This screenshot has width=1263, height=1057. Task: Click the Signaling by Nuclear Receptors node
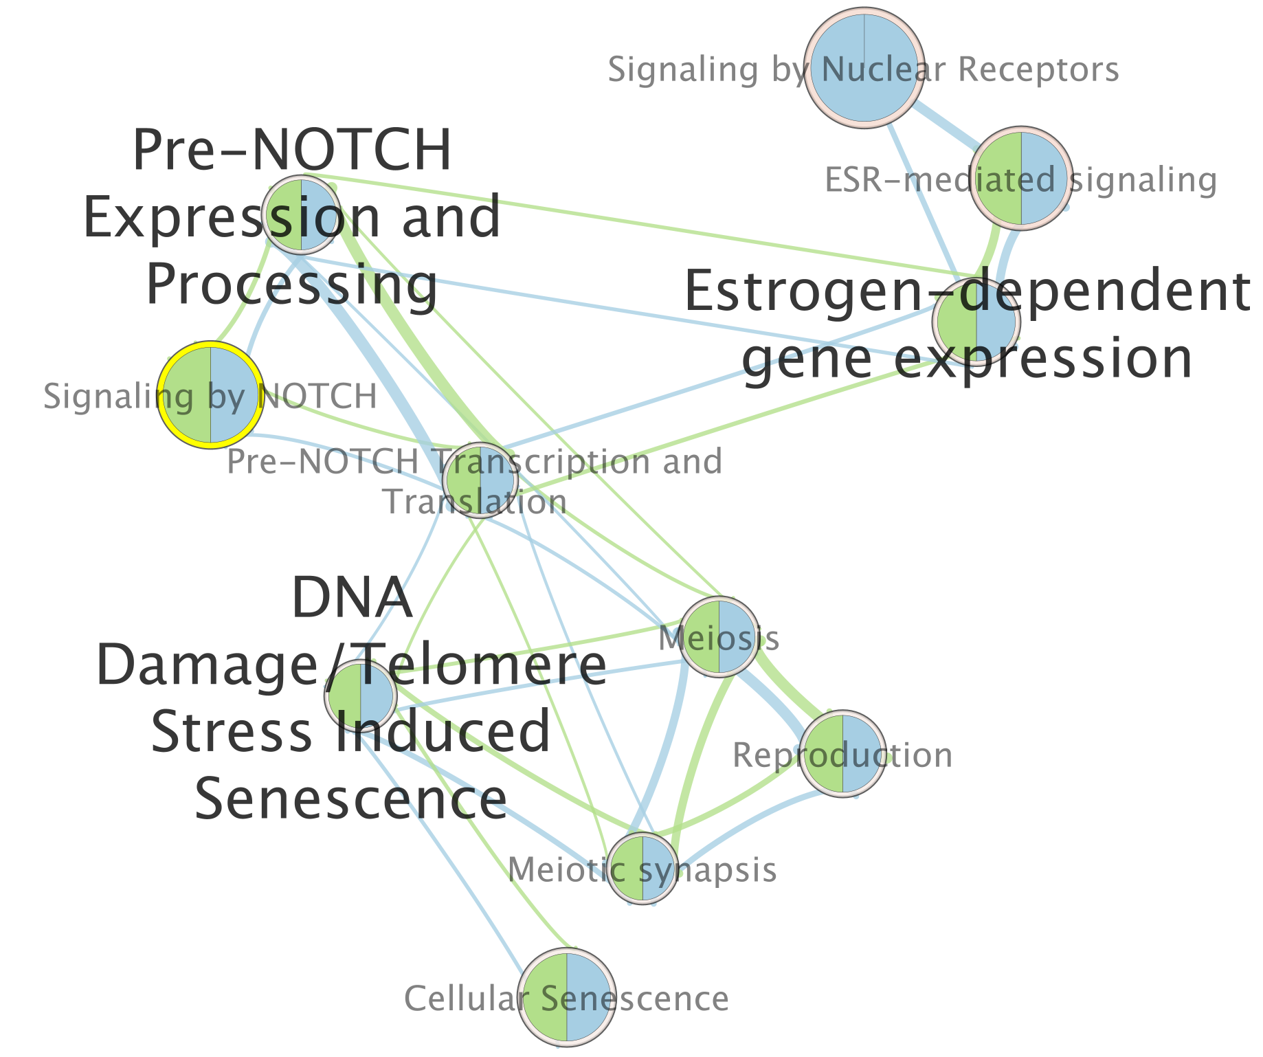point(864,67)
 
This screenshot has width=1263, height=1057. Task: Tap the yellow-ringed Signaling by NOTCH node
point(210,396)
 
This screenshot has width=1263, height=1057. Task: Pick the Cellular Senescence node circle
point(566,997)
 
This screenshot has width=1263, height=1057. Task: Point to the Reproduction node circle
point(842,753)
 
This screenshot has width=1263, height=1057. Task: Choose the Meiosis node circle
point(719,635)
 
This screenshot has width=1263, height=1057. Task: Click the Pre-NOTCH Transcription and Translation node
point(480,479)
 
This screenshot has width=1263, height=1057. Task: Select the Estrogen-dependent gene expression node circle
point(976,321)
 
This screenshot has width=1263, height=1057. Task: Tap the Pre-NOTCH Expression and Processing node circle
point(301,214)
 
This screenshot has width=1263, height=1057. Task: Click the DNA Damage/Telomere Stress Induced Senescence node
point(360,695)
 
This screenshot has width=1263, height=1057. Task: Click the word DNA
point(352,598)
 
